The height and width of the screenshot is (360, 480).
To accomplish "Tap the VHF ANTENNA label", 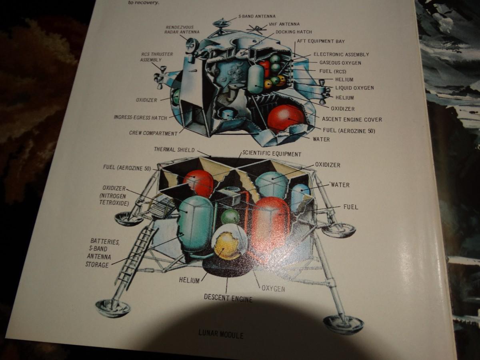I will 284,24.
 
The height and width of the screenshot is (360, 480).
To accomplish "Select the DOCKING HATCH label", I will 294,32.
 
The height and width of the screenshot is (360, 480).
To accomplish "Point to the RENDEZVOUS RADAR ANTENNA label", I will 182,29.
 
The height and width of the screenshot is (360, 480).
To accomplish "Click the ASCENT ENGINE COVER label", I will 352,119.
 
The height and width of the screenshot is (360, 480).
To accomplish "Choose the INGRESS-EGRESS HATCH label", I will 140,118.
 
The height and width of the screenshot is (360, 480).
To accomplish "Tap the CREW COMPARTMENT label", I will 153,133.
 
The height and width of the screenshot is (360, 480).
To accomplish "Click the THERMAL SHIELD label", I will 174,150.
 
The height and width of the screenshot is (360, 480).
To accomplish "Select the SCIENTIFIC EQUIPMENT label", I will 272,154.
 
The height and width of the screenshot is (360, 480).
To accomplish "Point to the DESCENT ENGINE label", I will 228,298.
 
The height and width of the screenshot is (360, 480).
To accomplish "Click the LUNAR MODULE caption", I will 220,334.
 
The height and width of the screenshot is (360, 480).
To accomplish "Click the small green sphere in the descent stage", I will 230,216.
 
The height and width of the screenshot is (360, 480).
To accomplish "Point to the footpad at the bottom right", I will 343,323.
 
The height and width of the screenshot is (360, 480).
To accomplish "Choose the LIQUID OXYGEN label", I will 354,88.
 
